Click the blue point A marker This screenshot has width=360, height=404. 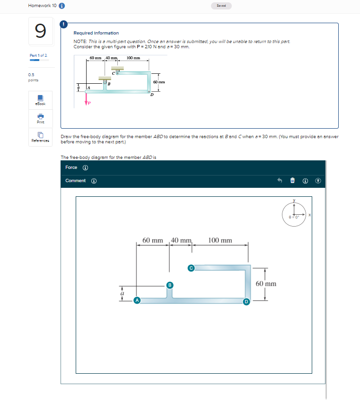pos(137,300)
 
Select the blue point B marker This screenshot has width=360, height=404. pos(169,285)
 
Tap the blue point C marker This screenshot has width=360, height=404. pos(191,268)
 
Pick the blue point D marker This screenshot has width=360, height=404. pos(246,301)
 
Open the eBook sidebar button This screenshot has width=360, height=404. pos(40,100)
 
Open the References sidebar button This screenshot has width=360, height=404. pos(40,137)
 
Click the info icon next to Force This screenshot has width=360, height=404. pos(85,167)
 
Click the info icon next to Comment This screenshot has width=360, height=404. pos(94,181)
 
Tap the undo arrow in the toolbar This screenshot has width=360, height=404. pos(280,181)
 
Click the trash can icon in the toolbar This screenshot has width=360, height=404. pos(292,181)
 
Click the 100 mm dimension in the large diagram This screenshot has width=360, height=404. pos(220,240)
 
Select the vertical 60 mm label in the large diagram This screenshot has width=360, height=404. pos(266,284)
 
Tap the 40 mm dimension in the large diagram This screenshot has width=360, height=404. pos(181,240)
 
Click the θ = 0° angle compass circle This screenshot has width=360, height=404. pos(293,216)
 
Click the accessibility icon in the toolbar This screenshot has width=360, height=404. pos(317,181)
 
